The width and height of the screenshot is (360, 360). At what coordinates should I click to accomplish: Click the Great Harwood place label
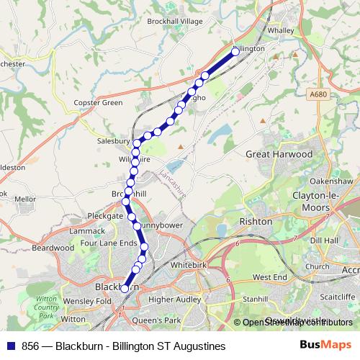point(279,154)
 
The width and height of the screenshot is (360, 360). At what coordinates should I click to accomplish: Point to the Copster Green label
point(99,103)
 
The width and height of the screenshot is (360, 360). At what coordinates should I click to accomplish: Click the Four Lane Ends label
point(109,243)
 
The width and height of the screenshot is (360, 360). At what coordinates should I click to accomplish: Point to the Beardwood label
point(53,247)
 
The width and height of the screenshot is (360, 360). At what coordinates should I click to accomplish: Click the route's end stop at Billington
point(235,51)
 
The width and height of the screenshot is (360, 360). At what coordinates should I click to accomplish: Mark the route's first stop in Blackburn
point(125,288)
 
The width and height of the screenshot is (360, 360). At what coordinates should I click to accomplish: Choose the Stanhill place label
point(255,298)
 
